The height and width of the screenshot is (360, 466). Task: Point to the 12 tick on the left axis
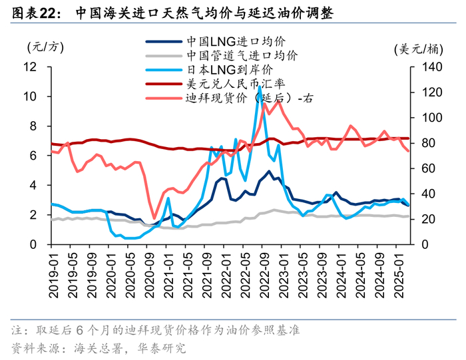click(30, 67)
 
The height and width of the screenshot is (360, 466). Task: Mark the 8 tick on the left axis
click(33, 126)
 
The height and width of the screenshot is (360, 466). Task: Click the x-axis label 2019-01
click(54, 275)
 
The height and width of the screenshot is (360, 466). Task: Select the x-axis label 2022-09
click(265, 275)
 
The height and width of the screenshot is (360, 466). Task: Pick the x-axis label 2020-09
click(150, 275)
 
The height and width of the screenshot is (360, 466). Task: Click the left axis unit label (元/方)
click(45, 47)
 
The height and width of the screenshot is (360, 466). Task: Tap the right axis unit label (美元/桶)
click(419, 49)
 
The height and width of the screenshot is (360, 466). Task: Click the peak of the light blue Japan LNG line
click(260, 87)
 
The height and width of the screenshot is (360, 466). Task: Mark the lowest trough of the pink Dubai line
click(154, 218)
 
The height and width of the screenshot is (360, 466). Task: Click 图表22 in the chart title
click(34, 13)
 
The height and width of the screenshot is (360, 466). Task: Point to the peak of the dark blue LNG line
click(269, 171)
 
